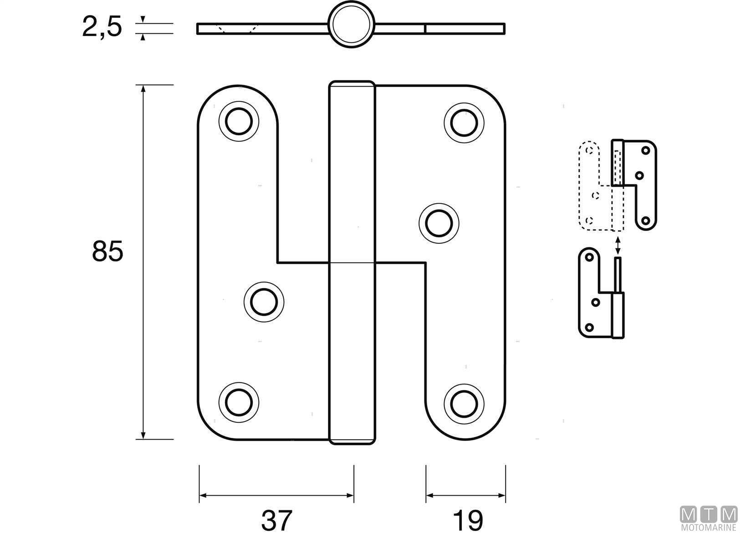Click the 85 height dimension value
coord(107,251)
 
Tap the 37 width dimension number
coord(276,520)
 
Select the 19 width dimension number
coord(468,520)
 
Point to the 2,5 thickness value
coord(102,26)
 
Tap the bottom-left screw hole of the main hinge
coord(239,402)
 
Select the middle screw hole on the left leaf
coord(264,301)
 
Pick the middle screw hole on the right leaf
coord(439,223)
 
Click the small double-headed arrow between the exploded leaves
coord(618,245)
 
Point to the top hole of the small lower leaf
coord(589,257)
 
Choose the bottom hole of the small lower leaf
coord(589,327)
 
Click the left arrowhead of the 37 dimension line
coord(204,495)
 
